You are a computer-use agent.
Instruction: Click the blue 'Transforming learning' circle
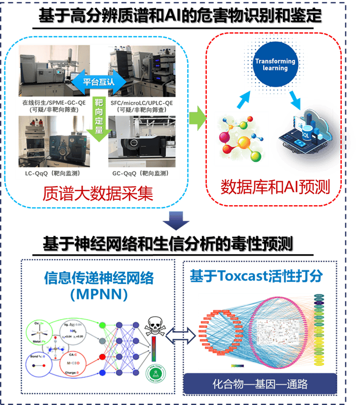pos(275,64)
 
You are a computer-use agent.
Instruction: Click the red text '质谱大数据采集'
pos(98,194)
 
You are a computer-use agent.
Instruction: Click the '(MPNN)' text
pos(98,295)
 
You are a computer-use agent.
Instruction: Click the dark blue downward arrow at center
pos(177,220)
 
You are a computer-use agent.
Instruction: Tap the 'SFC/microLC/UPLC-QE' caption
pos(140,104)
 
